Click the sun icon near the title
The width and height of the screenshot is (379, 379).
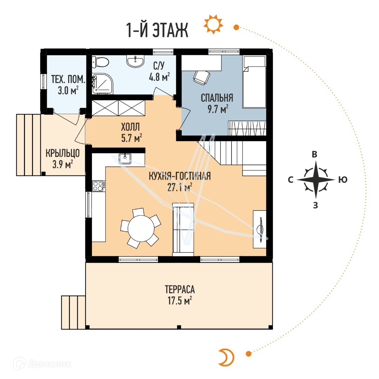tap(213, 24)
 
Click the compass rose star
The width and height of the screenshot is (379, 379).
tap(316, 180)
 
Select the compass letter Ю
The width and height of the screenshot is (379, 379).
tap(343, 180)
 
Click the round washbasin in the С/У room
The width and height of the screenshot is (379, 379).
tap(135, 61)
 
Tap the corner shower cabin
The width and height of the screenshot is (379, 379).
tap(102, 84)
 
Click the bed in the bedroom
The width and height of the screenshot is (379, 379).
tap(254, 82)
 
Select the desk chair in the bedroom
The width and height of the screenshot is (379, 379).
tap(201, 77)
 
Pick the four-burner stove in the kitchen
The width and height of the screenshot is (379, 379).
tap(99, 186)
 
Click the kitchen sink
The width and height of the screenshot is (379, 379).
tap(125, 158)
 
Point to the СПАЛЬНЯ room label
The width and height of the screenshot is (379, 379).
tap(217, 98)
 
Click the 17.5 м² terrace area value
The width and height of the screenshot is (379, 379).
tap(180, 301)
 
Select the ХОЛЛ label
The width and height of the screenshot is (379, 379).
tap(130, 127)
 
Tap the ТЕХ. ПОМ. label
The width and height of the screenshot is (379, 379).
tap(68, 79)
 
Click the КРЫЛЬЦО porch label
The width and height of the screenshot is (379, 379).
tap(62, 153)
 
